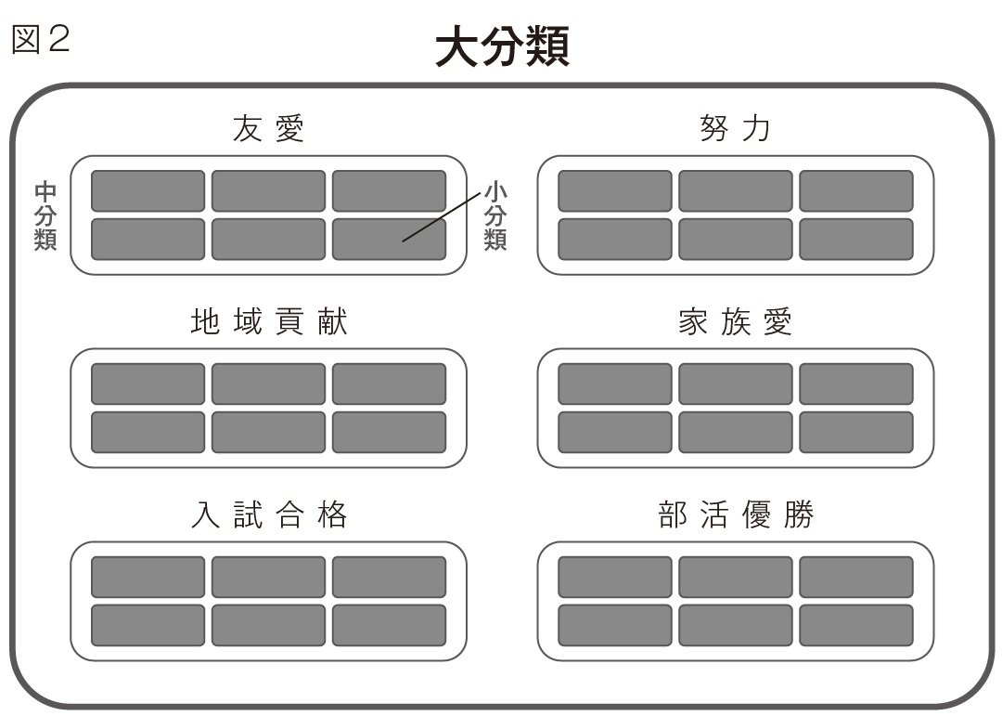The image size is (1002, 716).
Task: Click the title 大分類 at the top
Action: (502, 46)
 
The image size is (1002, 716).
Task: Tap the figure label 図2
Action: (40, 39)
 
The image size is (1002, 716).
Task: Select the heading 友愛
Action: (268, 128)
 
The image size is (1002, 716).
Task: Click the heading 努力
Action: (735, 128)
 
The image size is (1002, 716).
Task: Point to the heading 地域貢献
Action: (268, 321)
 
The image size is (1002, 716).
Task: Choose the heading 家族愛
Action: (735, 321)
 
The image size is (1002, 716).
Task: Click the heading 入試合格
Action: (268, 514)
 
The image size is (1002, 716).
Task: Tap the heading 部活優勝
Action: (736, 514)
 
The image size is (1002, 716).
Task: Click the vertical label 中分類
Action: (45, 215)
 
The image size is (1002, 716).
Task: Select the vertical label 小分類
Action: (495, 215)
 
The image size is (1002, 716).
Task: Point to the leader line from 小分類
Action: (441, 217)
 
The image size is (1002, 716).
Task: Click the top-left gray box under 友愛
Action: (148, 190)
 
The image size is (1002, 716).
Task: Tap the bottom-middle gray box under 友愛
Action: (268, 240)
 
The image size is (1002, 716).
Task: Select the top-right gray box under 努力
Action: (856, 190)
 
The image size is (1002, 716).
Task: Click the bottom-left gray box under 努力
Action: (615, 240)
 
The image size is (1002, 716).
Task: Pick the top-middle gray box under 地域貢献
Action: (268, 384)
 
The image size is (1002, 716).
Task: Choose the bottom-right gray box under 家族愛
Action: (856, 433)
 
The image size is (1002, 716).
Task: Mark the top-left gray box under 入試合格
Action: (148, 577)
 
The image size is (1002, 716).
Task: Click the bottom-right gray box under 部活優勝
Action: (856, 626)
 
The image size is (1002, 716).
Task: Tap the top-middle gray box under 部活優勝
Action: (736, 577)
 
